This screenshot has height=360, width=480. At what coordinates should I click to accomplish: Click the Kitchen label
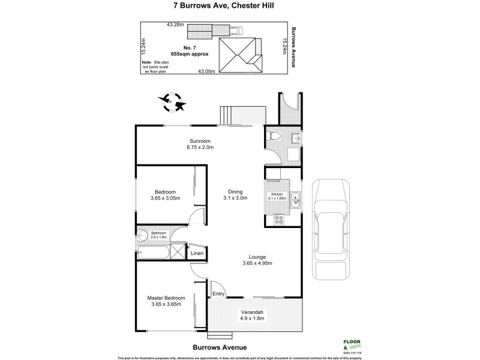[278, 195]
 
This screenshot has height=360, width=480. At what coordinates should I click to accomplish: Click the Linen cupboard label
[197, 253]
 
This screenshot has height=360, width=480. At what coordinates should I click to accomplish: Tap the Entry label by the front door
[218, 294]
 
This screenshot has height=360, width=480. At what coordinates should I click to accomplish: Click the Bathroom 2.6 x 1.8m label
[158, 234]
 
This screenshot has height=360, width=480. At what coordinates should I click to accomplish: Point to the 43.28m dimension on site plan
[175, 25]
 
